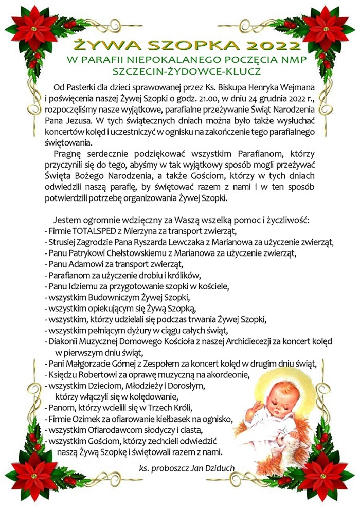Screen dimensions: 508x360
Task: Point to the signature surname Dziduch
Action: pos(220,468)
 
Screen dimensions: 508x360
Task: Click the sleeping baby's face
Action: pos(278,398)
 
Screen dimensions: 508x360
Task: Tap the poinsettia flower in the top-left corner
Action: pos(35,28)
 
